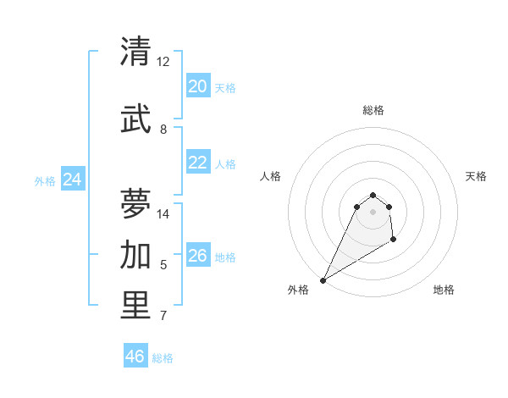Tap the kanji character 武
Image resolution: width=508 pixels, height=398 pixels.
[x=136, y=118]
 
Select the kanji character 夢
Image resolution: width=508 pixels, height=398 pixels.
[x=136, y=203]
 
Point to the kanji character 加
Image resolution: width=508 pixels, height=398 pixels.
[x=136, y=254]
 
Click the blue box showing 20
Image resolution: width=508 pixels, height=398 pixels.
[x=197, y=86]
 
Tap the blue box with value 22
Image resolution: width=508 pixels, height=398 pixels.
[x=197, y=163]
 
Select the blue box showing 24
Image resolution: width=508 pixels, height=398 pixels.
[x=73, y=180]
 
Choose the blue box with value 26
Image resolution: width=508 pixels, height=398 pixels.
[x=197, y=257]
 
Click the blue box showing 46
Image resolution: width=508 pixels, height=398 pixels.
[x=135, y=357]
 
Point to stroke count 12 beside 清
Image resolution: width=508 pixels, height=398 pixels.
[x=163, y=62]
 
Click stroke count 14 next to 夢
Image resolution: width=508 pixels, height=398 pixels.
[x=163, y=214]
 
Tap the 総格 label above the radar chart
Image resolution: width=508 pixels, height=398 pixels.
[x=373, y=110]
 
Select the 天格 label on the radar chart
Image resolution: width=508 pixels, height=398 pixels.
[x=476, y=176]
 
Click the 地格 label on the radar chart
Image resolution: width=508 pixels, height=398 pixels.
[x=444, y=290]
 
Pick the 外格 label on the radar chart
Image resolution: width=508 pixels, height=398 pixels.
[x=298, y=290]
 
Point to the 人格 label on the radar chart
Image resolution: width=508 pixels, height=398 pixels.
[x=270, y=176]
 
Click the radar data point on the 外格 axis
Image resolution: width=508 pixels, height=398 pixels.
[x=323, y=280]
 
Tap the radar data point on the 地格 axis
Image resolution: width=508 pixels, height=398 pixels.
[x=394, y=240]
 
